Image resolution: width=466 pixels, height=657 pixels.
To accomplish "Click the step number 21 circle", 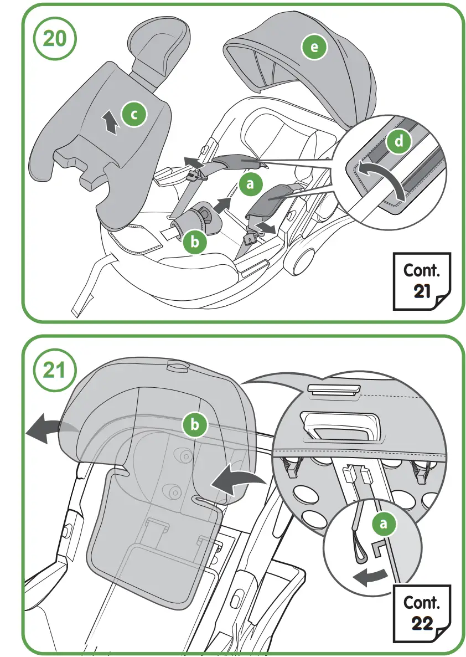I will (55, 371).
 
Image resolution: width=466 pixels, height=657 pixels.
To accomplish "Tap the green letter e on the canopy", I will (314, 48).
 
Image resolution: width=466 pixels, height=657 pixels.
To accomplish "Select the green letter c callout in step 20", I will (133, 115).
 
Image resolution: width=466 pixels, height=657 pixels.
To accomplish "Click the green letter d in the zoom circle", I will (399, 142).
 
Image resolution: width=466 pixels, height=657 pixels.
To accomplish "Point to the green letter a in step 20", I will (251, 184).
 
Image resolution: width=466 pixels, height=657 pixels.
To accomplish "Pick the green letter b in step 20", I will (194, 242).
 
